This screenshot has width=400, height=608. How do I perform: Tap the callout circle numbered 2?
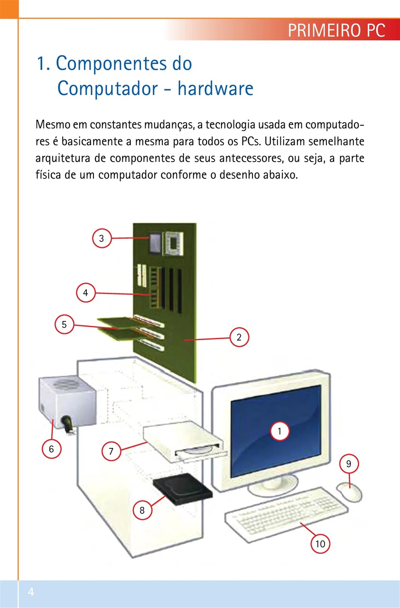(239, 338)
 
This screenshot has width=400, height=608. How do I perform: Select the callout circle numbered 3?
(102, 238)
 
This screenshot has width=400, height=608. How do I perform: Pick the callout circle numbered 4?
(85, 293)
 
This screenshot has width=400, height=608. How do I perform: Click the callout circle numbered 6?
(51, 448)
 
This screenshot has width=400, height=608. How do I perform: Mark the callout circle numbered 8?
(142, 511)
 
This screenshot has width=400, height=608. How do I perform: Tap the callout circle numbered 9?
(349, 464)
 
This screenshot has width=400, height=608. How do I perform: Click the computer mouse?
(350, 492)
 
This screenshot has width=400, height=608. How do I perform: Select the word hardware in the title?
(215, 88)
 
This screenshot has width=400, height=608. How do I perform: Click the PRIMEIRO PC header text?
(336, 31)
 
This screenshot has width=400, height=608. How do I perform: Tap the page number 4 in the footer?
(31, 592)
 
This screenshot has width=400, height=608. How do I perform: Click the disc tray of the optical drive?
(199, 454)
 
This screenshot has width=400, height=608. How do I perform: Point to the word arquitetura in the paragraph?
(62, 158)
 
